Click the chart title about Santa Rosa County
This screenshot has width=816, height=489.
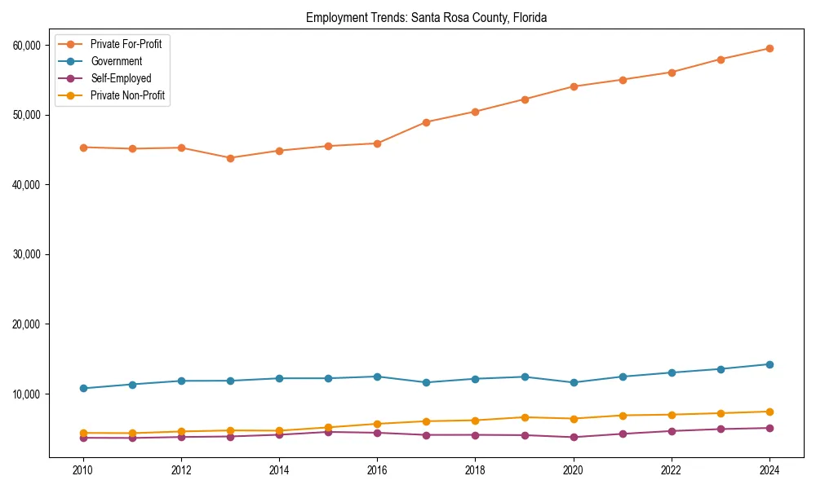426,17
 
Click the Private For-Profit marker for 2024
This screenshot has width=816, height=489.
769,48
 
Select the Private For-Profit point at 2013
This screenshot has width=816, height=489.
230,158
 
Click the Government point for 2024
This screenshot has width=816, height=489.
769,364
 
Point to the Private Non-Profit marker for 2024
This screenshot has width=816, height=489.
769,412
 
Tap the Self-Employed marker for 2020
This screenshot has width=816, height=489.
573,437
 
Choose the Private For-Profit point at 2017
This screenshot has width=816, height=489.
426,122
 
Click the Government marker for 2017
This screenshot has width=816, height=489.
426,382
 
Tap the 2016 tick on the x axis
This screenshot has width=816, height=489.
377,470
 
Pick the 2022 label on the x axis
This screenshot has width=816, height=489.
671,470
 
